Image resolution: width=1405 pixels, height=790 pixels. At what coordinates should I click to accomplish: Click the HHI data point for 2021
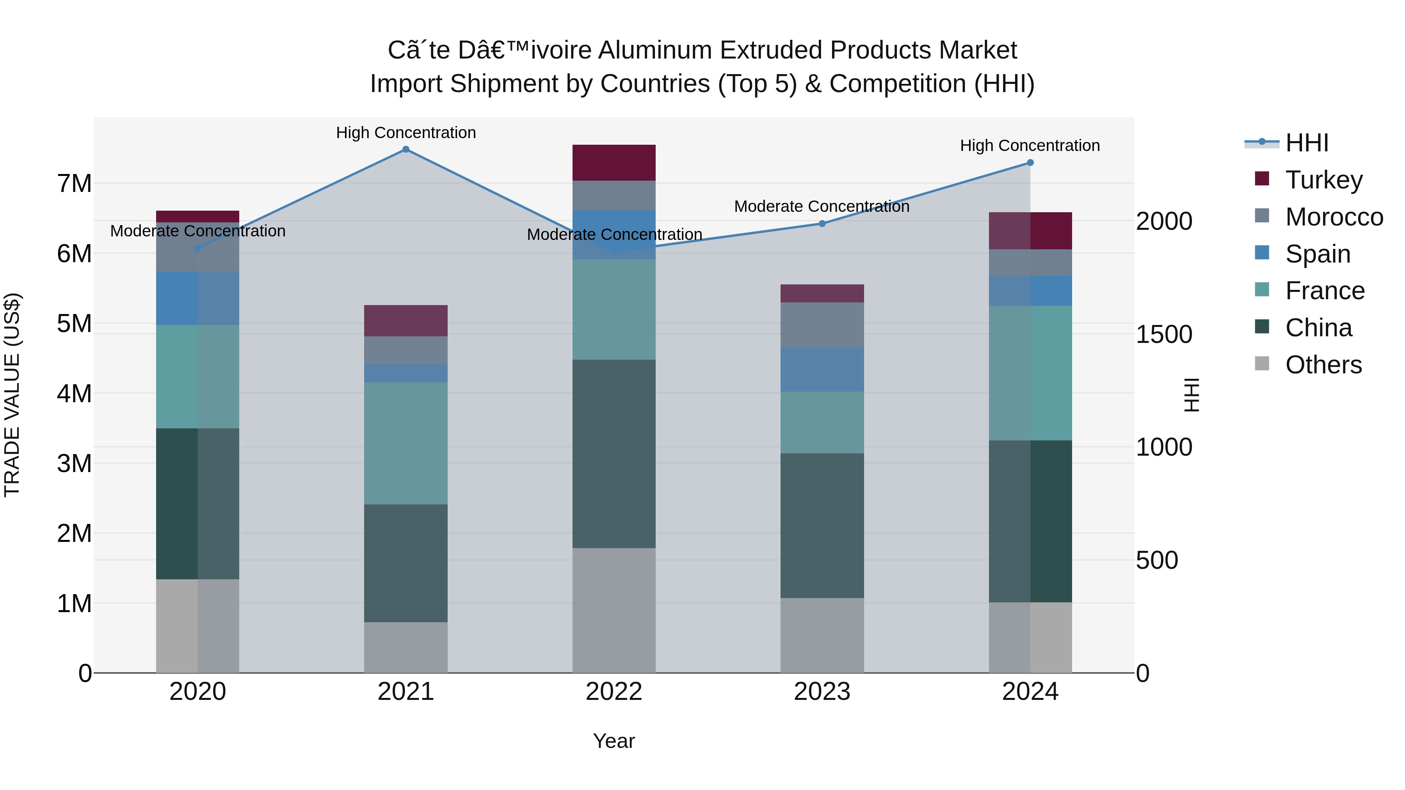coord(406,149)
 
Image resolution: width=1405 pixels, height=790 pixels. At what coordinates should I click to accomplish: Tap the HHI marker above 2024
coord(1030,162)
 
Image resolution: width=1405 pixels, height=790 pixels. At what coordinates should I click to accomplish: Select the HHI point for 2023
coord(822,224)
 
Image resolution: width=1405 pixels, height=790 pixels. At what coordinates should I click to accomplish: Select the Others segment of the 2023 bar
coord(822,635)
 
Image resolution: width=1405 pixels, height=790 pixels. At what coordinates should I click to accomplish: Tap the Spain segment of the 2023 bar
coord(822,369)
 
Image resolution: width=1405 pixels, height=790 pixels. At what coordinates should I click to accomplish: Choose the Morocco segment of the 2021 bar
coord(406,350)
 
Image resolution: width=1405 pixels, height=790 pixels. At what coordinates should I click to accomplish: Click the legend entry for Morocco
coord(1334,217)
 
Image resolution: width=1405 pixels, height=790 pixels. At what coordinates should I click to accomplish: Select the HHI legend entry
coord(1307,143)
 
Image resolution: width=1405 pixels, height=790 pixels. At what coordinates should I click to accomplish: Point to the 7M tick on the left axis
coord(75,184)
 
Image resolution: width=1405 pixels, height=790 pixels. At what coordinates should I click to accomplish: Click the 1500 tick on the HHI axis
coord(1164,334)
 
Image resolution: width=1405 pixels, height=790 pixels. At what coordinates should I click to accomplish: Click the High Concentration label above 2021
coord(406,133)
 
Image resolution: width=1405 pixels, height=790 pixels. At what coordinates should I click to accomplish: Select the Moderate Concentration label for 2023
coord(822,207)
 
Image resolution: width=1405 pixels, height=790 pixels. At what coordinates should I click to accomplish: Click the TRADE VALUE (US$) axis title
coord(12,395)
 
